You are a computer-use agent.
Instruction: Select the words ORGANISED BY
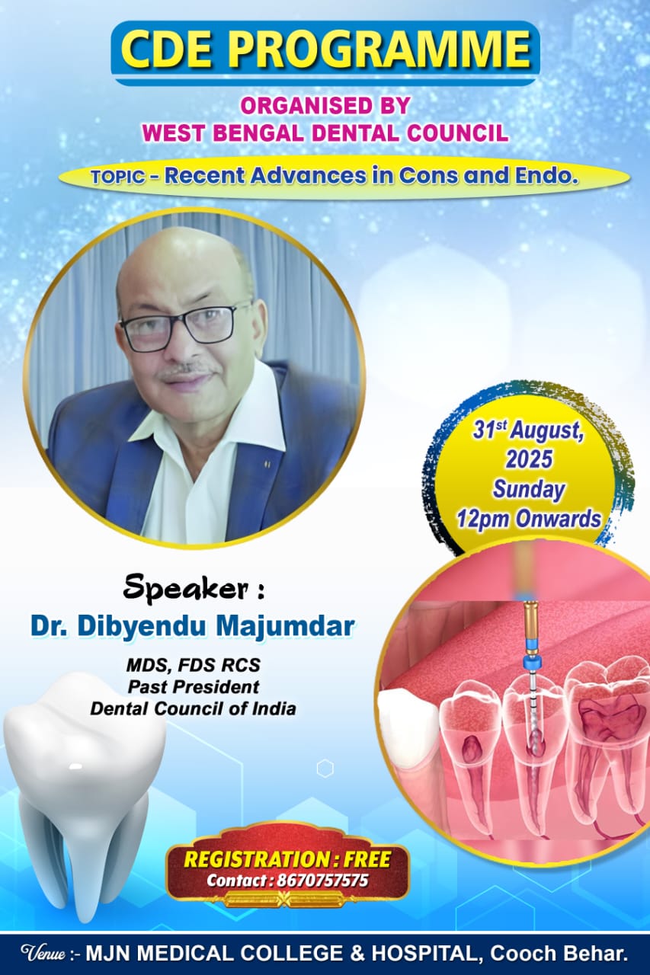point(325,106)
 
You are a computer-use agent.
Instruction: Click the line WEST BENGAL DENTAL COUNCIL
point(325,133)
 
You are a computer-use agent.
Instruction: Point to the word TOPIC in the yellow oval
point(118,177)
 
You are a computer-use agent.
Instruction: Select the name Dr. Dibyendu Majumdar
point(192,627)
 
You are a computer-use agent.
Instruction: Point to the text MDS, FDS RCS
point(194,665)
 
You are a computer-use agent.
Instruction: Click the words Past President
point(194,687)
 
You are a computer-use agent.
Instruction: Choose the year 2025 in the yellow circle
point(529,459)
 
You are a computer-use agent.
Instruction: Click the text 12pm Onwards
point(529,519)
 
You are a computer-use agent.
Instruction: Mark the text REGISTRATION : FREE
point(287,860)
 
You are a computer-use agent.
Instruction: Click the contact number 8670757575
point(322,881)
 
